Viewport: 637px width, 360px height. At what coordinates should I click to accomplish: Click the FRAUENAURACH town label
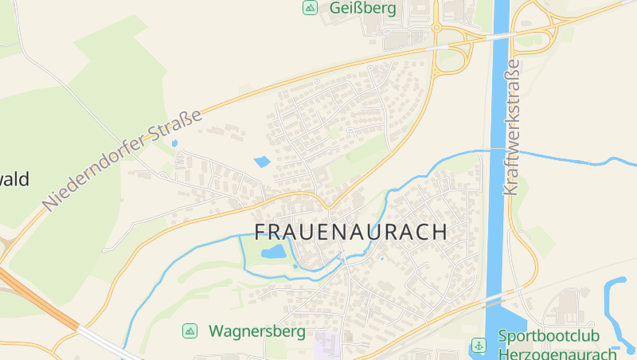(350, 232)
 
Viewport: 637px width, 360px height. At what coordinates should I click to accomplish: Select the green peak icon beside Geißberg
(309, 8)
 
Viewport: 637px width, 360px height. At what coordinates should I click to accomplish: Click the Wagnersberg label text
(256, 331)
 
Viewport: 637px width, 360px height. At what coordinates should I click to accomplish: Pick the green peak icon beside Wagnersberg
(190, 331)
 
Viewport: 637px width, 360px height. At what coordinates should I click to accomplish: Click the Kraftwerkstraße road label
(511, 127)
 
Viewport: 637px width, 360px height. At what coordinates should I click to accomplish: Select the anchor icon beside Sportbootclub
(479, 346)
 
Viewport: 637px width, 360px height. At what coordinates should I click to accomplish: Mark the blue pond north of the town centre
(262, 162)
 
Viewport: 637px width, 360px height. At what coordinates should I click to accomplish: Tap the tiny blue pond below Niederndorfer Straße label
(174, 143)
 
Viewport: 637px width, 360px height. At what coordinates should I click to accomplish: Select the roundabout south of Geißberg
(436, 28)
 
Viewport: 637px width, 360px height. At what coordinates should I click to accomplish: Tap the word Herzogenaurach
(557, 354)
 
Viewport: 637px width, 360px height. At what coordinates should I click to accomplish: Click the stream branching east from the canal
(573, 158)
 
